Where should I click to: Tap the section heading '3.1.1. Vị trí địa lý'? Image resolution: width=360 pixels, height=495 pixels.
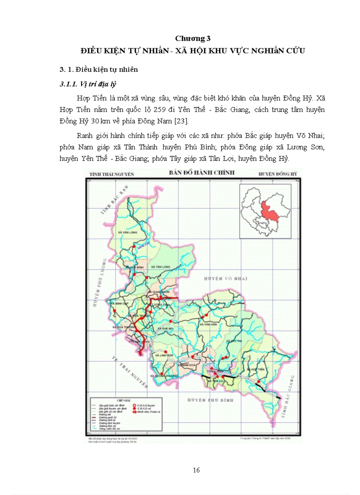(88, 84)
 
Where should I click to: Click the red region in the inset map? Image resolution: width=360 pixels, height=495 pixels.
(269, 211)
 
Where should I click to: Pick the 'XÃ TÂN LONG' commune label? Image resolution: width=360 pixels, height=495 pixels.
(160, 267)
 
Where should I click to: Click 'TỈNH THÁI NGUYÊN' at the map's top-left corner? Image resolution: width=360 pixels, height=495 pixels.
(112, 175)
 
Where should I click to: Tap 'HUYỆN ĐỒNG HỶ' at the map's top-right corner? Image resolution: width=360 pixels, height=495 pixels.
(277, 175)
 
